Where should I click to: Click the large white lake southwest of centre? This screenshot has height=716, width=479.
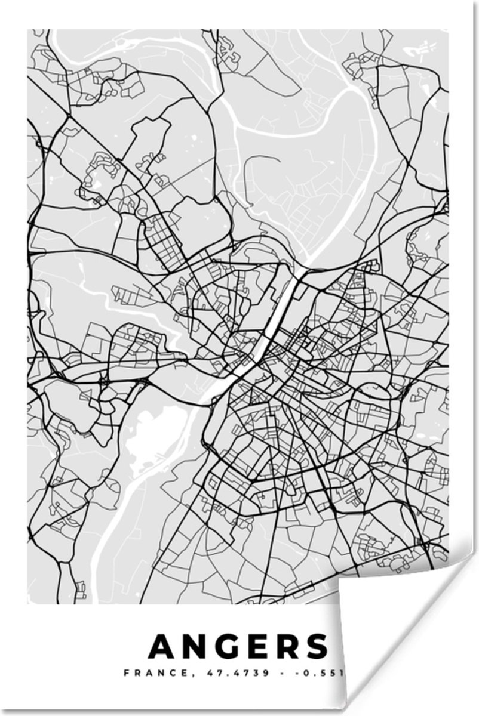click(x=149, y=439)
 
